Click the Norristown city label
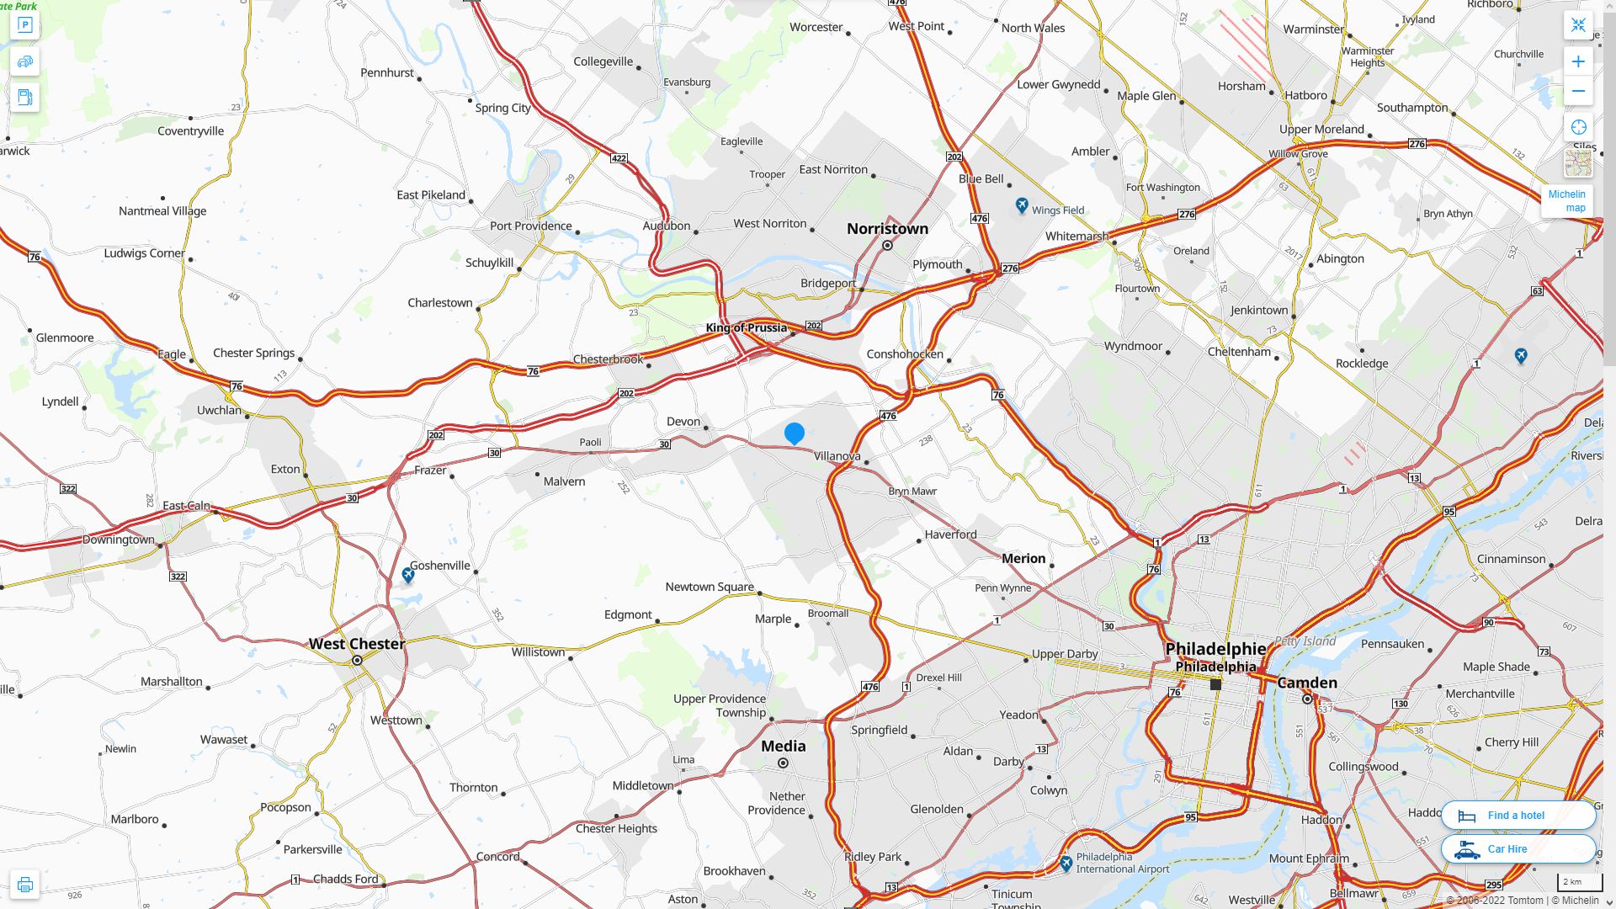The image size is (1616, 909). tap(887, 229)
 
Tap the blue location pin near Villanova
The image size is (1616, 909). tap(795, 433)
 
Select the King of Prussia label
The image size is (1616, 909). tap(746, 328)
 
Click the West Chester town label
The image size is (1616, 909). tap(357, 644)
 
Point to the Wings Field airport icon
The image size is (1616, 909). tap(1022, 205)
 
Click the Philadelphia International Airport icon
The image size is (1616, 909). tap(1066, 864)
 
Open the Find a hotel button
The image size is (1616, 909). tap(1518, 816)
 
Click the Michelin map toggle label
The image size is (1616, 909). tap(1566, 201)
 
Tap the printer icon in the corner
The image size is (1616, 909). tap(24, 885)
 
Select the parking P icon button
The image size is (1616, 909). tap(24, 25)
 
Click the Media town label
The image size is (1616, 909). tap(783, 747)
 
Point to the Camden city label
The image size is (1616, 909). tap(1307, 683)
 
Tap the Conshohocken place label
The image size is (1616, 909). tap(905, 354)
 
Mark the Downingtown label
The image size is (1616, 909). tap(119, 540)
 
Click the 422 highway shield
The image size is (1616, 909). tap(619, 158)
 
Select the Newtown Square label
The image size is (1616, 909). tap(710, 587)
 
